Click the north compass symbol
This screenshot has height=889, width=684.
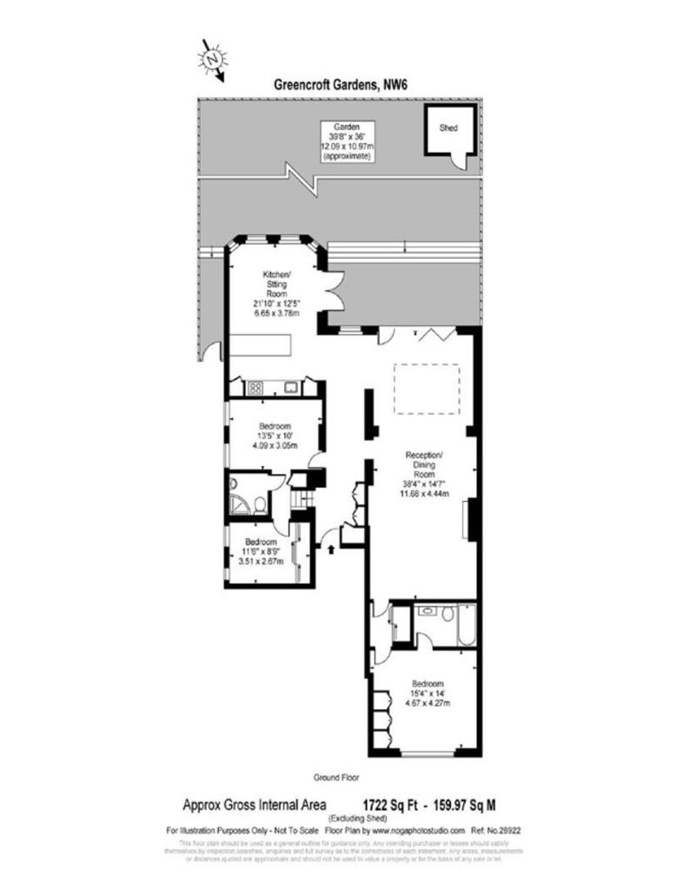[x=212, y=60]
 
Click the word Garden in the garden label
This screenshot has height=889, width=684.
[x=349, y=127]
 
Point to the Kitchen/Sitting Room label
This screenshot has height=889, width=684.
[x=276, y=284]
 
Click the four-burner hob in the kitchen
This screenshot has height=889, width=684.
[x=257, y=387]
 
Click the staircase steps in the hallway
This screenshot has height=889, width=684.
[x=300, y=500]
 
